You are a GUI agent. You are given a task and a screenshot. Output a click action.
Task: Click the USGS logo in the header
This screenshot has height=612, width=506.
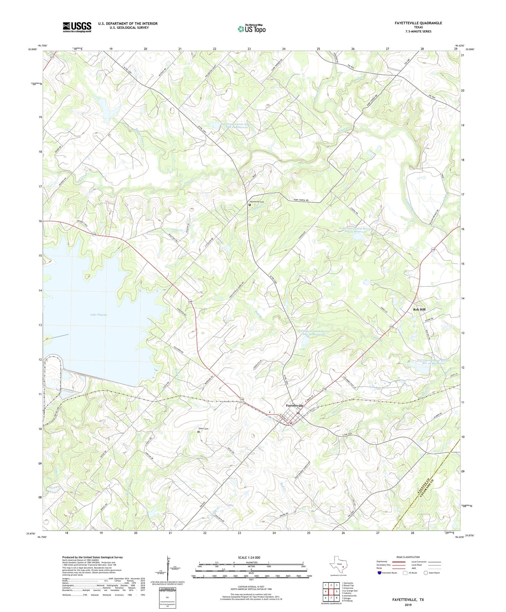click(x=77, y=27)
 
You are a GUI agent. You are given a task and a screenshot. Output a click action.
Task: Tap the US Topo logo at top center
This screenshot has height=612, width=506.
click(x=252, y=29)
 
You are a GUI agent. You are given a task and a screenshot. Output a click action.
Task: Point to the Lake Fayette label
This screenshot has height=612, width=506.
click(x=99, y=315)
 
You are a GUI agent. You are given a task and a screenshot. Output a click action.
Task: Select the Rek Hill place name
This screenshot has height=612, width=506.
click(x=419, y=309)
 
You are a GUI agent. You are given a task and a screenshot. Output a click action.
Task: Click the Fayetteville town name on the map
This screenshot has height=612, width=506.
click(x=294, y=405)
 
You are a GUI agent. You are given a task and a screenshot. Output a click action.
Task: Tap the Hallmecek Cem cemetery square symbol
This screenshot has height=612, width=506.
click(x=250, y=205)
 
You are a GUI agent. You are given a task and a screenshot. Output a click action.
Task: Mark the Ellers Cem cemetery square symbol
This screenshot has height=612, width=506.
click(x=198, y=431)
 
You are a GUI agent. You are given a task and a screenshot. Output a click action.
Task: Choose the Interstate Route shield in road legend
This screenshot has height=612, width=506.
click(x=379, y=573)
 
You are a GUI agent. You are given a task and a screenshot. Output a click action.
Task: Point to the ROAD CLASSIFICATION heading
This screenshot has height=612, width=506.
click(x=408, y=557)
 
